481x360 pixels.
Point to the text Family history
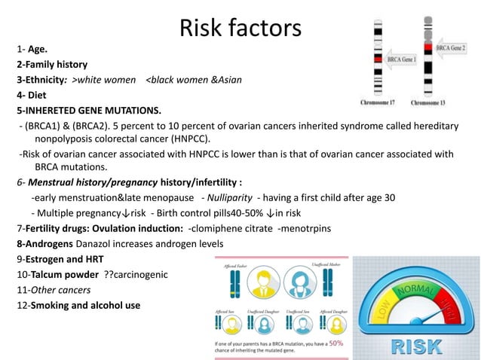pos(54,65)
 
